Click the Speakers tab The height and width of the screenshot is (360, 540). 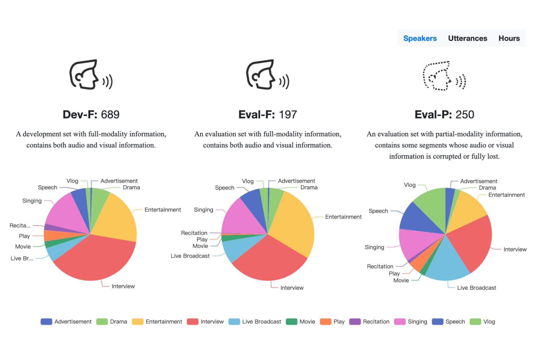[x=420, y=38]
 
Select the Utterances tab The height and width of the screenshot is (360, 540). [x=467, y=38]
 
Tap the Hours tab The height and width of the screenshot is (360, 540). [x=509, y=38]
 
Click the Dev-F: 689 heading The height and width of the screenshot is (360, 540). [x=91, y=114]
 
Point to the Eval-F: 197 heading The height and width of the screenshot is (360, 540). [x=267, y=114]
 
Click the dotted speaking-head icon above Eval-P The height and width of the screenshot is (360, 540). [x=444, y=76]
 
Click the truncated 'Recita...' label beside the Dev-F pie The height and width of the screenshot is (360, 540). [x=20, y=226]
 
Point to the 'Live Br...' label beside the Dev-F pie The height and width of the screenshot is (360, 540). [x=22, y=258]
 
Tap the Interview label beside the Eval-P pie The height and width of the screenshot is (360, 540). [x=515, y=249]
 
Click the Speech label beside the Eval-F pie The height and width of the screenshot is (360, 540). [x=224, y=188]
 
